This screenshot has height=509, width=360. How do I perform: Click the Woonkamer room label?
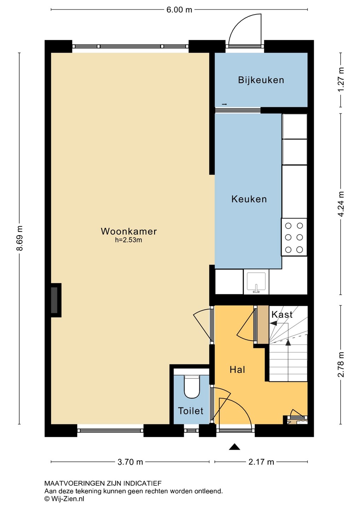129,231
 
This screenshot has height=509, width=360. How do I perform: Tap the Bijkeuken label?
261,80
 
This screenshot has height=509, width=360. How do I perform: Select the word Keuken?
249,199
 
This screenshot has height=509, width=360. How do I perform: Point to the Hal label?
237,370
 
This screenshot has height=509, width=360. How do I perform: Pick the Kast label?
282,315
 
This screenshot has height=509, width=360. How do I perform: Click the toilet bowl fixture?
192,387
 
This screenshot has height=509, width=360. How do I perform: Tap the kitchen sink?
256,282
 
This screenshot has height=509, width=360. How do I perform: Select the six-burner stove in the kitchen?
294,237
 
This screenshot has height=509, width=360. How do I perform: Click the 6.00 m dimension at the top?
179,10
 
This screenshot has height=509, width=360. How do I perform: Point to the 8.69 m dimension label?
19,238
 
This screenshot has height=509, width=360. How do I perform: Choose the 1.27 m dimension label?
341,80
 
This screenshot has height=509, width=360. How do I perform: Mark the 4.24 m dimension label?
341,204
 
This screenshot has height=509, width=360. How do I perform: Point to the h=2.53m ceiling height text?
128,240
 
